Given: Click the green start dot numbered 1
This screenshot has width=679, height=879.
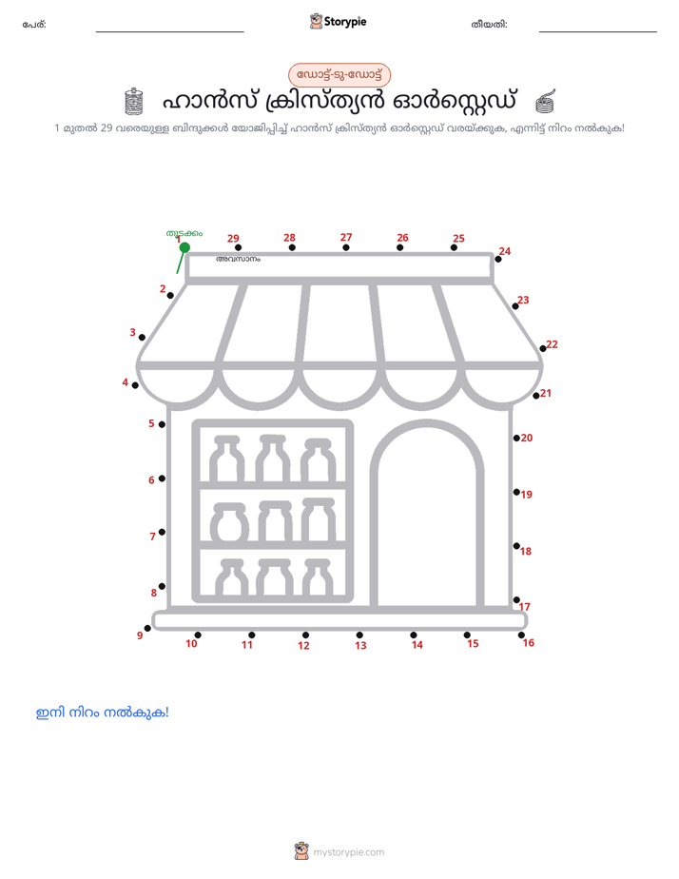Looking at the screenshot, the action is tap(184, 247).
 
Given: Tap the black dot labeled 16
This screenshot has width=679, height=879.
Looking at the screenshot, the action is tap(521, 635).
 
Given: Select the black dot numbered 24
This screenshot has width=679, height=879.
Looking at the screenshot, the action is tap(498, 259).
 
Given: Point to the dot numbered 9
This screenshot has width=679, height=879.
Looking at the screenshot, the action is tap(147, 629).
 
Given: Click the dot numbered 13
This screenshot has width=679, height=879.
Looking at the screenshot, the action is tap(359, 635).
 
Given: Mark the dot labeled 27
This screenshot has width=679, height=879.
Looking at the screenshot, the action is tap(345, 247).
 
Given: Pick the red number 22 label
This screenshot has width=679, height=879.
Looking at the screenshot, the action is tap(552, 344).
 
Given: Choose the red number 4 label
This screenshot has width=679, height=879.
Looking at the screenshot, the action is tap(125, 382).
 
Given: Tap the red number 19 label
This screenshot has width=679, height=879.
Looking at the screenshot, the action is tap(526, 495).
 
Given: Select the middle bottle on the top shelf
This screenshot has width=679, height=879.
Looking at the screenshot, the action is tap(272, 458).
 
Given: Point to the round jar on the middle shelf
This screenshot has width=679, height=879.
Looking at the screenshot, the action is tap(229, 522).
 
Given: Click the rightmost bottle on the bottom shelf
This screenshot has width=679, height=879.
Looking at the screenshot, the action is tap(318, 577).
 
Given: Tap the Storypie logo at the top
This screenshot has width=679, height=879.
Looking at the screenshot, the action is tap(339, 21).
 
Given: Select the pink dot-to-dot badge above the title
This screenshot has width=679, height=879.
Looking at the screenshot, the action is tap(339, 74).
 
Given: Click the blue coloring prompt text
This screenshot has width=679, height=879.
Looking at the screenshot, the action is tap(103, 713).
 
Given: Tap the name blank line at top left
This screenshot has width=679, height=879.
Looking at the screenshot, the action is tap(169, 31).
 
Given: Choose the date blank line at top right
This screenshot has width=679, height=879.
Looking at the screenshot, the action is tap(598, 31).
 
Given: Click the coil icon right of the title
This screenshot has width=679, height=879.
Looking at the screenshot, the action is tap(545, 101).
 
